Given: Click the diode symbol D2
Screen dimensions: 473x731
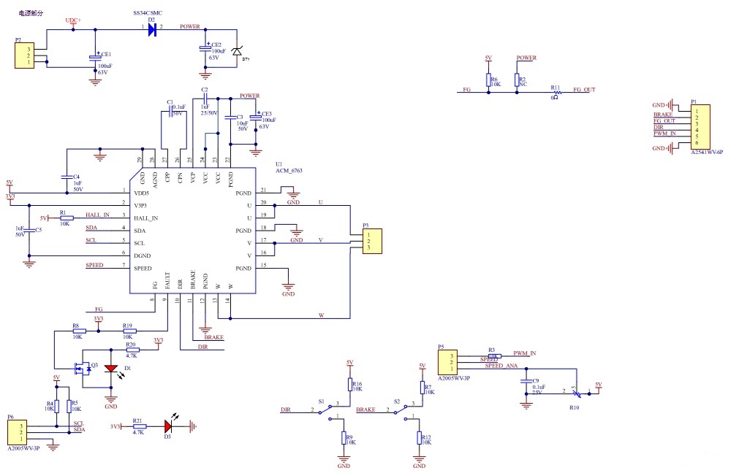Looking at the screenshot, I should point(152,30).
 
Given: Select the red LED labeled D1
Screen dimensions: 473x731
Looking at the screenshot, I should point(111,369).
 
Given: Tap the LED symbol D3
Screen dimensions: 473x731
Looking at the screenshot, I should point(169,426).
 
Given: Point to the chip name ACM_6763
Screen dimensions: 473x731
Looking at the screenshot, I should point(289,171).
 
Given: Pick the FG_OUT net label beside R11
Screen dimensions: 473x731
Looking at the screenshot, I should point(584,90).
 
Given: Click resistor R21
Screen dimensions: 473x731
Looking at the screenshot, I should point(139,426).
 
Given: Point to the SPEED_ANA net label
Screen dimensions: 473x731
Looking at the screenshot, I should point(501,365).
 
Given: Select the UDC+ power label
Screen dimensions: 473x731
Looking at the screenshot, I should point(74,20).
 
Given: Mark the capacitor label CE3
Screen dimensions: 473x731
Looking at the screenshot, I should point(266,114).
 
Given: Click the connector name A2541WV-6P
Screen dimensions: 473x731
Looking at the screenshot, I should point(707,152).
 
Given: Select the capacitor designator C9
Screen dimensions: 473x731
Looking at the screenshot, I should point(536,381).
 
